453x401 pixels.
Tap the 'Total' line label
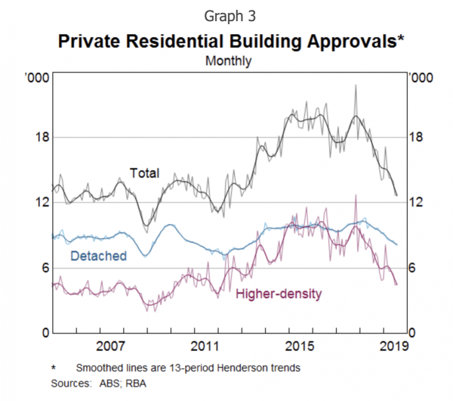coord(145,173)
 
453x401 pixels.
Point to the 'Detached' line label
coord(97,256)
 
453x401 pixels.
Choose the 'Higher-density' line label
coord(279,293)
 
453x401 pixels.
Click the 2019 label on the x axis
coord(392,347)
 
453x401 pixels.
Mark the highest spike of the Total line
coord(355,85)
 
